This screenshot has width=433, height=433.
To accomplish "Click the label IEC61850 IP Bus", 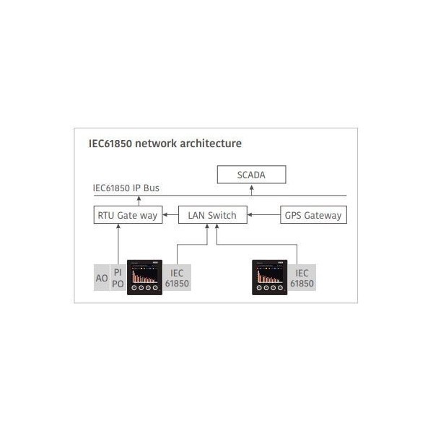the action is pyautogui.click(x=126, y=188).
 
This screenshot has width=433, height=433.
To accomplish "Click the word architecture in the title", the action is pyautogui.click(x=211, y=144).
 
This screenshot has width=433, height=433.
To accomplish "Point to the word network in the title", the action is pyautogui.click(x=156, y=144).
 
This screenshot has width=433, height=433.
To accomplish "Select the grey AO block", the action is pyautogui.click(x=102, y=278).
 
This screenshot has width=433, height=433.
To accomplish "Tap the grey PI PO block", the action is pyautogui.click(x=118, y=278).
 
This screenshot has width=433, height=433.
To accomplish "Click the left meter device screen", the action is pyautogui.click(x=145, y=275).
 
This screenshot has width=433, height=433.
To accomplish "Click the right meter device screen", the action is pyautogui.click(x=270, y=275).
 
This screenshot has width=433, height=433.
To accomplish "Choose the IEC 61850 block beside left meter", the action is pyautogui.click(x=177, y=278).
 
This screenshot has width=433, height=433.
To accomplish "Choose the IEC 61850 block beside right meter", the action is pyautogui.click(x=302, y=278).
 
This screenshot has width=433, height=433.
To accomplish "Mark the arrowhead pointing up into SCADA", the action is pyautogui.click(x=252, y=187).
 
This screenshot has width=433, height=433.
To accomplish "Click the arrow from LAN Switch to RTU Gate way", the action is pyautogui.click(x=170, y=214).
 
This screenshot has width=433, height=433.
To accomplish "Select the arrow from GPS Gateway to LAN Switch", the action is pyautogui.click(x=263, y=214).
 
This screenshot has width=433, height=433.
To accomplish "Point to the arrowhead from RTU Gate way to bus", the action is pyautogui.click(x=139, y=198).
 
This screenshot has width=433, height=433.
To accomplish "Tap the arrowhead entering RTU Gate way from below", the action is pyautogui.click(x=118, y=226).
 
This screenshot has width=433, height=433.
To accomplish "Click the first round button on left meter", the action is pyautogui.click(x=134, y=288).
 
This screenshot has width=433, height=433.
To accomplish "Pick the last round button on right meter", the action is pyautogui.click(x=280, y=288).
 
